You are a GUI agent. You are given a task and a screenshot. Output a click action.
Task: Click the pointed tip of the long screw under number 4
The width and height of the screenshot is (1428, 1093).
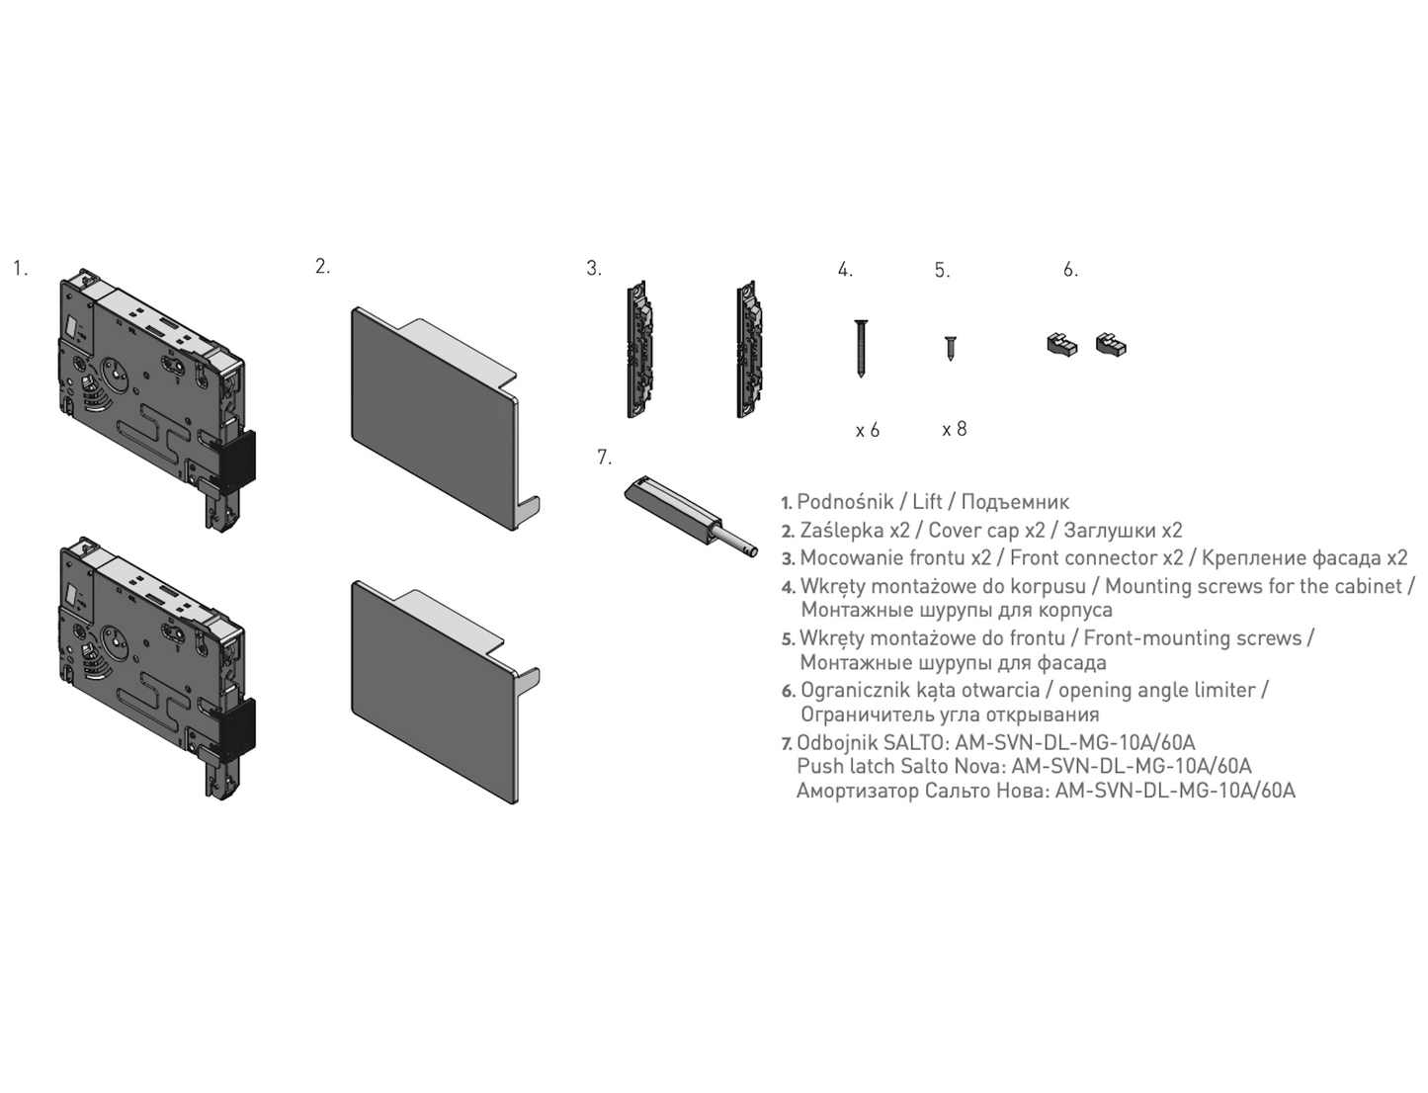(x=861, y=377)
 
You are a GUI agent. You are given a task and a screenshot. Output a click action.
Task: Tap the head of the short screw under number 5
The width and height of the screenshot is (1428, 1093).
(x=951, y=338)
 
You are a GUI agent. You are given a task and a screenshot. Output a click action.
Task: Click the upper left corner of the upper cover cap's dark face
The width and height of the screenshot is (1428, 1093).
(x=353, y=309)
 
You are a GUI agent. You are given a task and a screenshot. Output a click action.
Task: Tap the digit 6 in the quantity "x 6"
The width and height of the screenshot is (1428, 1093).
(x=875, y=430)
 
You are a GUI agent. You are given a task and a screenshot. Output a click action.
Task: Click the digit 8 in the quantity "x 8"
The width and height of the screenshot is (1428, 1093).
(x=962, y=429)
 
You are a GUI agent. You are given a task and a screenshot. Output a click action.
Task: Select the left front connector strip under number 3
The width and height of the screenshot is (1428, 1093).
(x=640, y=350)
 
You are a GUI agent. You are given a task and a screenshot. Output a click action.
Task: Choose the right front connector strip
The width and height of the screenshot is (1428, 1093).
(x=750, y=350)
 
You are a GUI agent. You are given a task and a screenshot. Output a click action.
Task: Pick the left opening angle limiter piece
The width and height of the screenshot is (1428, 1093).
(x=1061, y=344)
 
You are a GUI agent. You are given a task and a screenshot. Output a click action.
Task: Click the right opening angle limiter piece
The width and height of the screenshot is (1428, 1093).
(x=1111, y=344)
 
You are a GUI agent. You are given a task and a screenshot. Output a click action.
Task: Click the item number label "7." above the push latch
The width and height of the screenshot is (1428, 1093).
(x=605, y=458)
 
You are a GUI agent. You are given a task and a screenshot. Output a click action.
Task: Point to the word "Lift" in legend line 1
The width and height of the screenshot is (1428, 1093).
(x=928, y=502)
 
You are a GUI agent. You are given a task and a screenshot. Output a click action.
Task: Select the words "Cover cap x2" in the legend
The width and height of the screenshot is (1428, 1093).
(x=986, y=531)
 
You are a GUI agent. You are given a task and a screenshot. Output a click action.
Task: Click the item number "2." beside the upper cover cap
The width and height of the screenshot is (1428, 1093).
(x=323, y=266)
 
